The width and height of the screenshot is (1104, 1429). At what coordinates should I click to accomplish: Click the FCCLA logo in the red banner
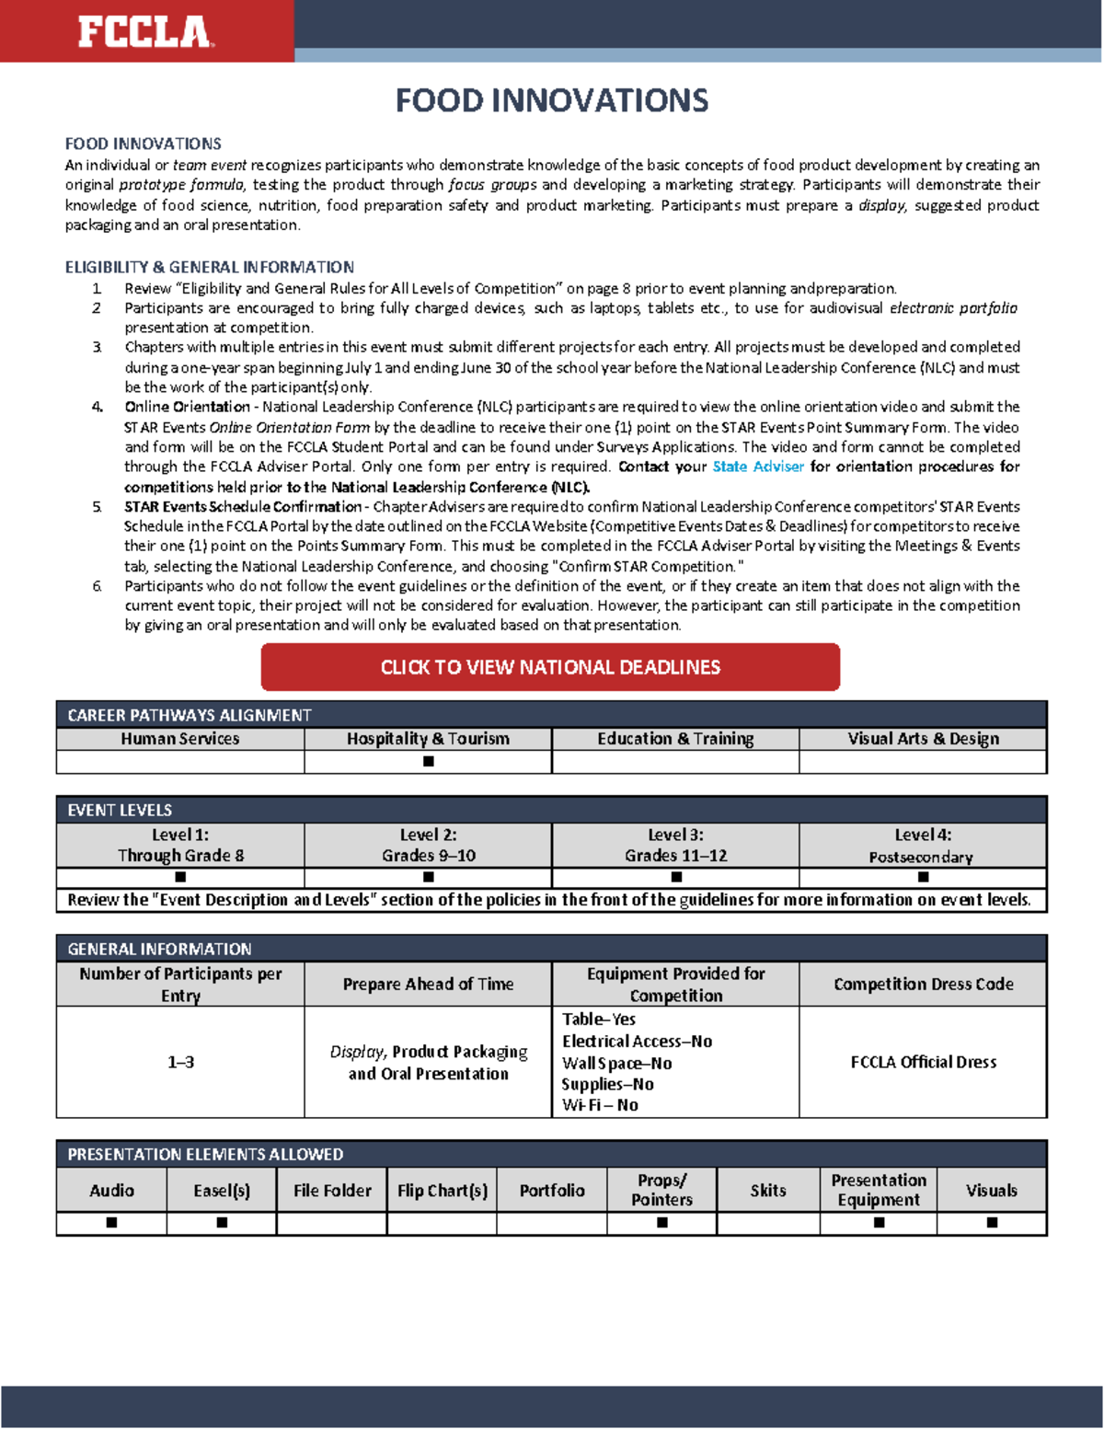pos(145,31)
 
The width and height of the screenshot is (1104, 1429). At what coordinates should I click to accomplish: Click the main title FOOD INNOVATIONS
pos(551,100)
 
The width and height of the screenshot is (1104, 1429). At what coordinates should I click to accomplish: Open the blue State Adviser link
pos(757,467)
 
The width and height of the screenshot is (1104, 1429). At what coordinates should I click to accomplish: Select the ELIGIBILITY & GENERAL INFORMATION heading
pos(209,267)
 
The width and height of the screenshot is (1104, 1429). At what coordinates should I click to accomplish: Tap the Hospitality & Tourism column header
pos(428,739)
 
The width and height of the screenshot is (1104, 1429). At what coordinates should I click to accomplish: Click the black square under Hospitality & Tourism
pos(428,762)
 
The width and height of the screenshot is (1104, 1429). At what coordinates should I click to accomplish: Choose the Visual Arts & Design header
pos(923,739)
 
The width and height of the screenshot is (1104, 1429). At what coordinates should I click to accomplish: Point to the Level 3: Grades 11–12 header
pos(675,845)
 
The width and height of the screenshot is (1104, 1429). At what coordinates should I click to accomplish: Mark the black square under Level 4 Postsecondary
pos(923,877)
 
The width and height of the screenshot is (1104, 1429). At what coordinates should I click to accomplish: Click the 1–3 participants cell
pos(180,1062)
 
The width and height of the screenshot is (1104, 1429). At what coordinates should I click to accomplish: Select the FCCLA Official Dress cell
pos(923,1062)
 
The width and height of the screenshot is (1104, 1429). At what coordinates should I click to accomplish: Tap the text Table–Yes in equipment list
pos(599,1020)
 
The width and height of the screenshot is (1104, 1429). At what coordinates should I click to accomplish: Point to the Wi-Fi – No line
pos(600,1105)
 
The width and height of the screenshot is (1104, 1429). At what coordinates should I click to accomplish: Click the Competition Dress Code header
pos(923,984)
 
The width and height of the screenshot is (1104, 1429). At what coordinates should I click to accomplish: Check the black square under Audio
pos(111,1223)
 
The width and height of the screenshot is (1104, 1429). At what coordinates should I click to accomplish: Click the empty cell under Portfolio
pos(551,1223)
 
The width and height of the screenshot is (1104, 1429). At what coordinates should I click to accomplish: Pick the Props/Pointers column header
pos(661,1190)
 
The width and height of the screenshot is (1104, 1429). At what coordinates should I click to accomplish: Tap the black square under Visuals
pos(992,1223)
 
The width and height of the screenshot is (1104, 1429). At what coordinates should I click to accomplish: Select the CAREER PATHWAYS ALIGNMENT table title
pos(190,715)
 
